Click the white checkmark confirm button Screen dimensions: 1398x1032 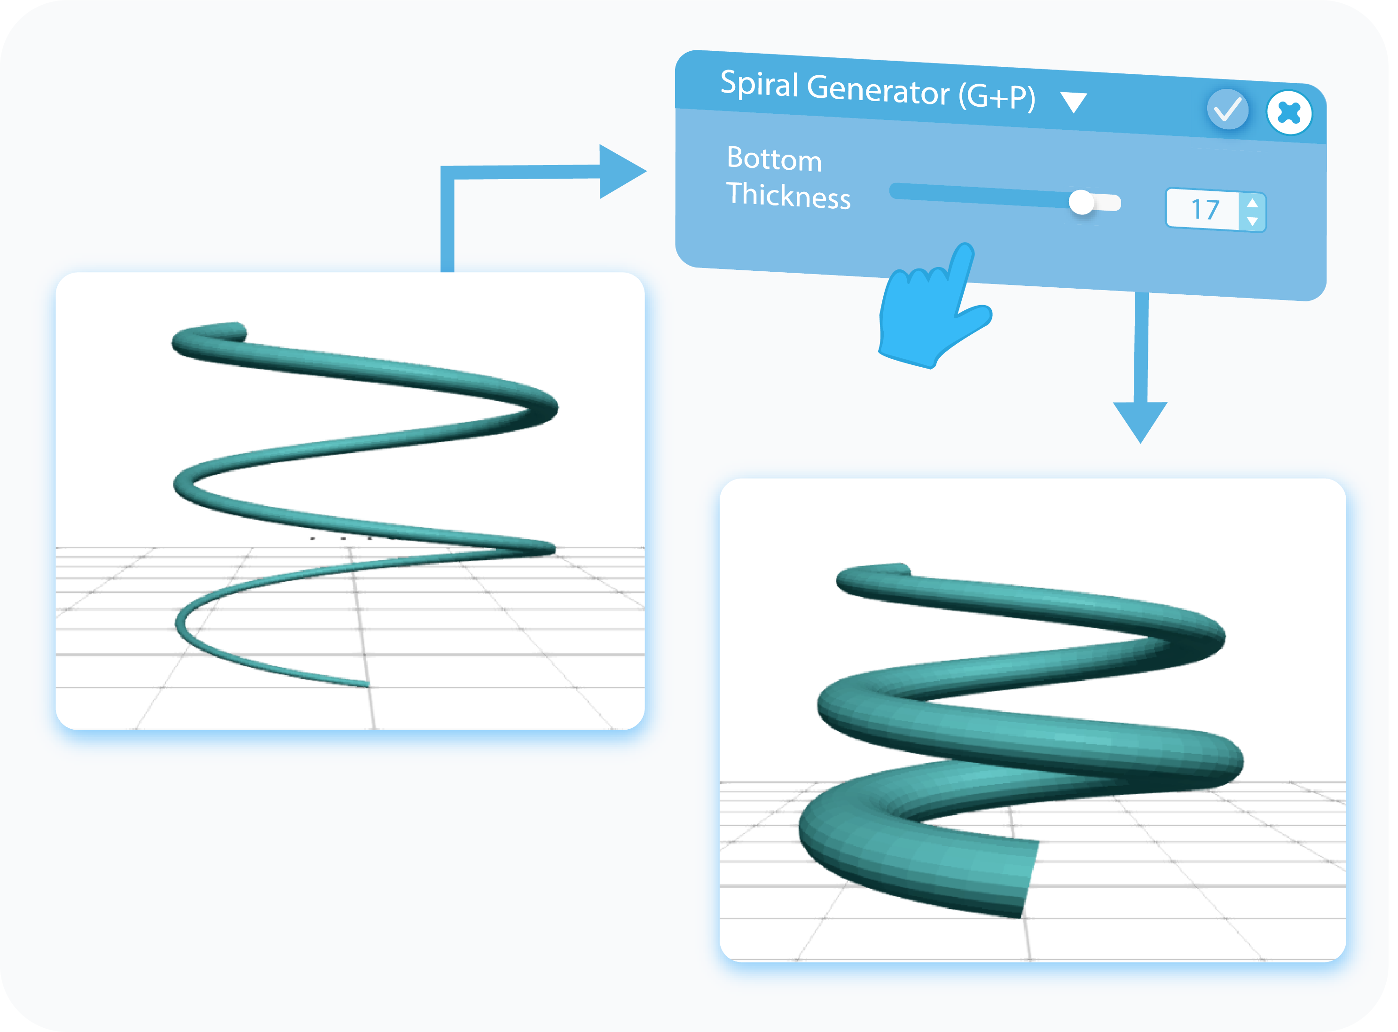pos(1227,110)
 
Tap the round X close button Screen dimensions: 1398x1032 pos(1289,113)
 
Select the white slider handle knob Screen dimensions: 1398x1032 pos(1081,202)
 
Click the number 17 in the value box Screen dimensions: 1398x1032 pos(1205,210)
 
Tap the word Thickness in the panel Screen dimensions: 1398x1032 pos(788,195)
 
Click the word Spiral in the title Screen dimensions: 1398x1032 pos(759,84)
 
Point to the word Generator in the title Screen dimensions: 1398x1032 pos(878,89)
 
